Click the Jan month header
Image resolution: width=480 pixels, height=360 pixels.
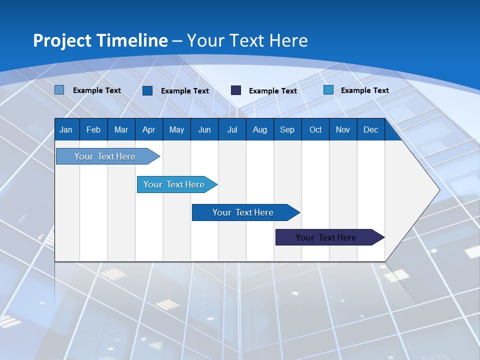pyautogui.click(x=66, y=129)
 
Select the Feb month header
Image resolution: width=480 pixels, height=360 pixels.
pyautogui.click(x=93, y=129)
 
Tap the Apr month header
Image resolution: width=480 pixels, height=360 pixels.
pyautogui.click(x=148, y=129)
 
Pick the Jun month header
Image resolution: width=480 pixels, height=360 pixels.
pyautogui.click(x=204, y=129)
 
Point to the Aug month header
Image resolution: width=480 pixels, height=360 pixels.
pyautogui.click(x=259, y=129)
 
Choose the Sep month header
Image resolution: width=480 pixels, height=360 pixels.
pyautogui.click(x=287, y=129)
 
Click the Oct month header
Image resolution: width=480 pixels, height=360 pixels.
pyautogui.click(x=315, y=129)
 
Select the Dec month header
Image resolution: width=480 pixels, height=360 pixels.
pyautogui.click(x=370, y=129)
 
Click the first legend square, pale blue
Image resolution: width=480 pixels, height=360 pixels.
pyautogui.click(x=59, y=90)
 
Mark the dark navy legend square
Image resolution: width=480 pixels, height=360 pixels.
pyautogui.click(x=236, y=90)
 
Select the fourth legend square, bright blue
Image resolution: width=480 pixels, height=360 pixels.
pyautogui.click(x=328, y=90)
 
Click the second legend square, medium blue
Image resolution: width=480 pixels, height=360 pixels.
pyautogui.click(x=147, y=90)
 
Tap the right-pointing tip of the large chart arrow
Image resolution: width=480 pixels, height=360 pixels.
pyautogui.click(x=437, y=190)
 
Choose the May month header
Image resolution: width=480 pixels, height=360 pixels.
pyautogui.click(x=176, y=129)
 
